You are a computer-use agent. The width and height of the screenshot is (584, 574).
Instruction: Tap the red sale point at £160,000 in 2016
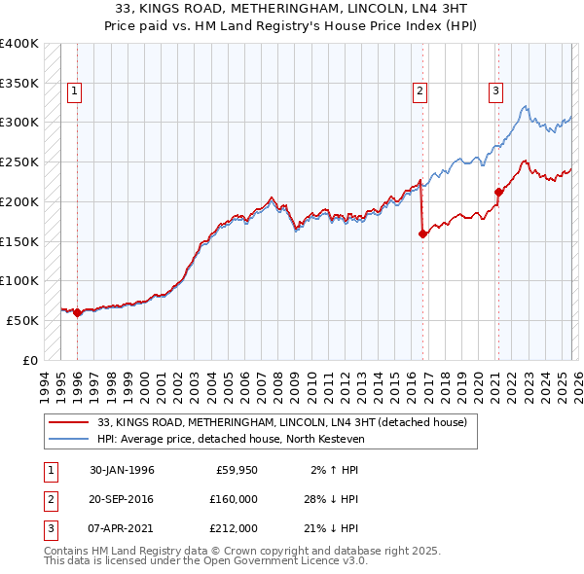[422, 233]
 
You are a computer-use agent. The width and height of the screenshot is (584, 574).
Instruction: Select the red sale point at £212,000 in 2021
[498, 192]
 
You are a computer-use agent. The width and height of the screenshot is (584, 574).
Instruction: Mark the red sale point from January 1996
[78, 312]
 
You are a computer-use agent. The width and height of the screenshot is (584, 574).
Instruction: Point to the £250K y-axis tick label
[19, 161]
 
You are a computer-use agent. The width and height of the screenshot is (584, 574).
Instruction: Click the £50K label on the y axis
[22, 320]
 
